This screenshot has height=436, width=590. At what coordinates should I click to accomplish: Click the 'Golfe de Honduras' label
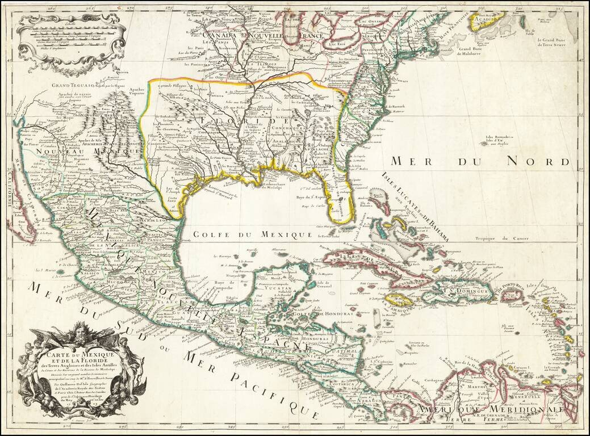311,313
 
